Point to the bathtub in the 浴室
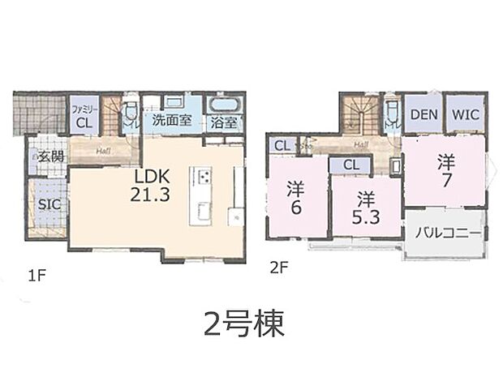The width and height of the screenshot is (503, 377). point(225,106)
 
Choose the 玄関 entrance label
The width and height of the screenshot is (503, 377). point(49,156)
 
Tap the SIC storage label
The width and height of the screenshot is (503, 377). point(47,203)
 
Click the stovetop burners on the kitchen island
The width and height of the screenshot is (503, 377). point(201,178)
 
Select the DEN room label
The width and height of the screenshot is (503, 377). point(423,115)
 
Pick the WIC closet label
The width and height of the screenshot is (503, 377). point(465,115)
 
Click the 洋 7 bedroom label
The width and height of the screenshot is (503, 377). point(445,169)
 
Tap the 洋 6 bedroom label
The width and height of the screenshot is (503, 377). point(295,197)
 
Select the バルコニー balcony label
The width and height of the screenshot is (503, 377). point(448,233)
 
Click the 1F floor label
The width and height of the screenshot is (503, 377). point(35,276)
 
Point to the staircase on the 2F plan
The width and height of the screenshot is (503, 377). point(358,114)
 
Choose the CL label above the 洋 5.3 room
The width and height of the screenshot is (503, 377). point(350,165)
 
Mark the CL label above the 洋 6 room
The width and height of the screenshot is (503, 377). point(281,146)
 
